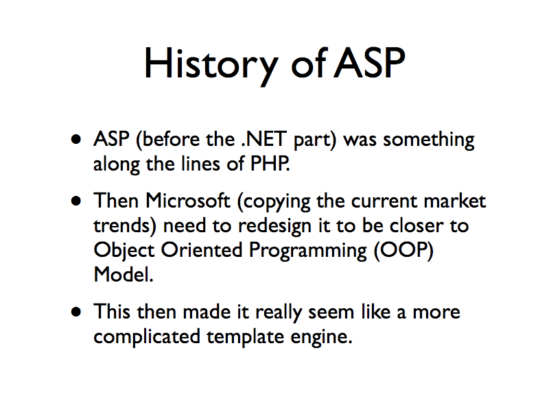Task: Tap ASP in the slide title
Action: coord(369,64)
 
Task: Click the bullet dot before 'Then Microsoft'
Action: coord(79,201)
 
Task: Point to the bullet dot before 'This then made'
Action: coord(79,312)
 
